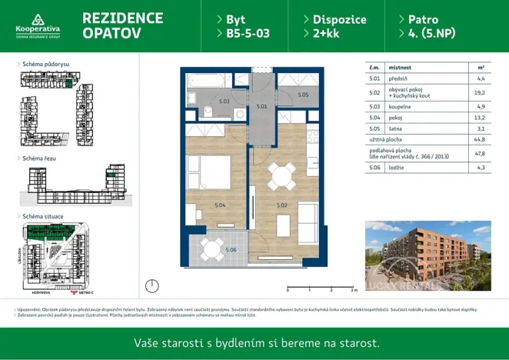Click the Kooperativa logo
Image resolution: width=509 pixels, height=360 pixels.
[38, 25]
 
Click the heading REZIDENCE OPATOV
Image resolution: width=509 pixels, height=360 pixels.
[121, 25]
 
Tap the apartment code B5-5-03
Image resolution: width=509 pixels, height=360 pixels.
[248, 34]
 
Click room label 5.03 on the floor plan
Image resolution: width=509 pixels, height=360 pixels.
[225, 102]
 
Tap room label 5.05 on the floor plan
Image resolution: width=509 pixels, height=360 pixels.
[302, 95]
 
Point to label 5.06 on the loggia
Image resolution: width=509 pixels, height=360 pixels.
[231, 249]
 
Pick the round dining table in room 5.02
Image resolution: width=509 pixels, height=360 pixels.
[279, 176]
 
